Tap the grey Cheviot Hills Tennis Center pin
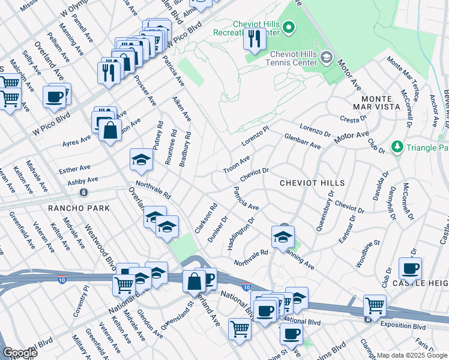pos(327,58)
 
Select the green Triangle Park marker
pos(396,147)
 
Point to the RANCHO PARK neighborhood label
pos(79,208)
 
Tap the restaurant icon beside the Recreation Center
pos(255,39)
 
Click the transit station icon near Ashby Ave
pos(84,193)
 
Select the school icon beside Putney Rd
pos(141,160)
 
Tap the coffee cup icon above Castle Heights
pos(410,268)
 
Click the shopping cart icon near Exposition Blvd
pos(375,305)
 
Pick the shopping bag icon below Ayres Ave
pos(111,130)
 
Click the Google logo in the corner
pos(20,352)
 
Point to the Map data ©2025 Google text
pos(412,355)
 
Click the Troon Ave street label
pos(236,165)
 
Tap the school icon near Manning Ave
pos(282,236)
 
